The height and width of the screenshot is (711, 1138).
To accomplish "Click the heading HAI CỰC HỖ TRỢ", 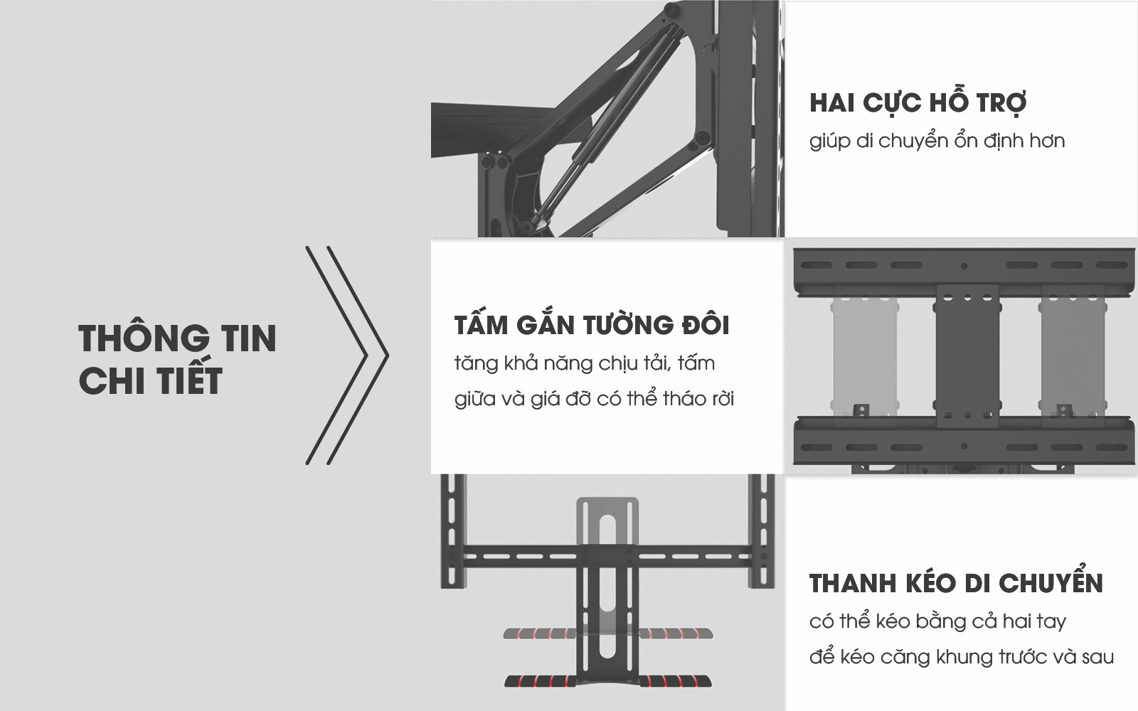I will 918,102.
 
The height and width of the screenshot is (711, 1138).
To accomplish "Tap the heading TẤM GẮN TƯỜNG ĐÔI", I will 592,325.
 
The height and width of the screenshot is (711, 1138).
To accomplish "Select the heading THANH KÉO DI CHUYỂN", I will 956,584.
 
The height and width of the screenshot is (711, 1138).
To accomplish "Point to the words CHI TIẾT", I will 150,380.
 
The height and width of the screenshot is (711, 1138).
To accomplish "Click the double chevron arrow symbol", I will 347,355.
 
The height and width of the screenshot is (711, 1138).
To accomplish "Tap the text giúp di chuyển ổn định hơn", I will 937,141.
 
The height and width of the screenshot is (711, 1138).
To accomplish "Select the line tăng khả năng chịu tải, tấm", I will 585,363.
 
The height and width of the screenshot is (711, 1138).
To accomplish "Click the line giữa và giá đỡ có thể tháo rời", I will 594,398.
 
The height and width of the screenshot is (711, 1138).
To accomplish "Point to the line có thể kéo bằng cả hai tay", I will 937,621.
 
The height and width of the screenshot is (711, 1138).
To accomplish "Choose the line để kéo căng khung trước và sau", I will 961,656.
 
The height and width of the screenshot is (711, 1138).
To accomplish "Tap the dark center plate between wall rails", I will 964,355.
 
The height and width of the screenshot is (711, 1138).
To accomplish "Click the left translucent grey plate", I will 858,355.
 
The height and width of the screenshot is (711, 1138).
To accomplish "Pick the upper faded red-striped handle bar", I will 609,633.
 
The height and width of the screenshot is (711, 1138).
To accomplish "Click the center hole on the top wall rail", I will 964,266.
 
